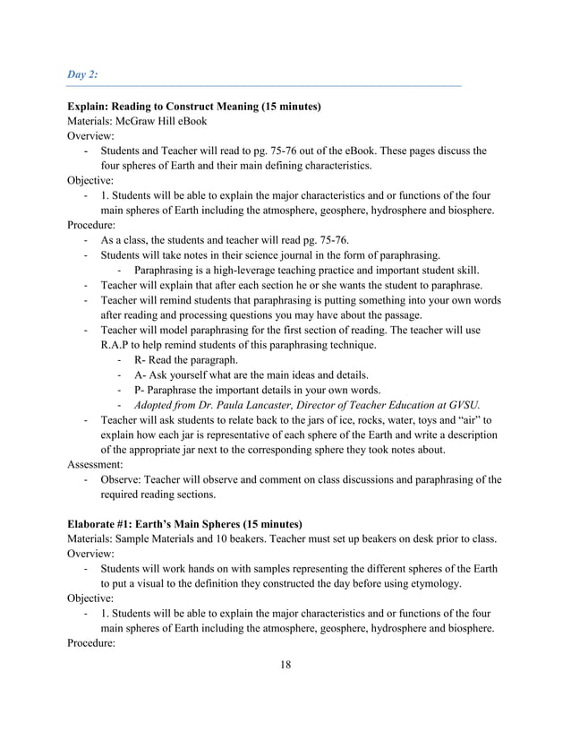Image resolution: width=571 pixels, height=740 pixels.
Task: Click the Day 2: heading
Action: (x=83, y=73)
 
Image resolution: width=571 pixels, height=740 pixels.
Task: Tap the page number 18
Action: (x=285, y=665)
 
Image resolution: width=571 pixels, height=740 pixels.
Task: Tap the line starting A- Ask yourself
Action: (x=251, y=374)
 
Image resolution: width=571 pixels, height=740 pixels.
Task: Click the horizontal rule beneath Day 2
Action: (x=264, y=87)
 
